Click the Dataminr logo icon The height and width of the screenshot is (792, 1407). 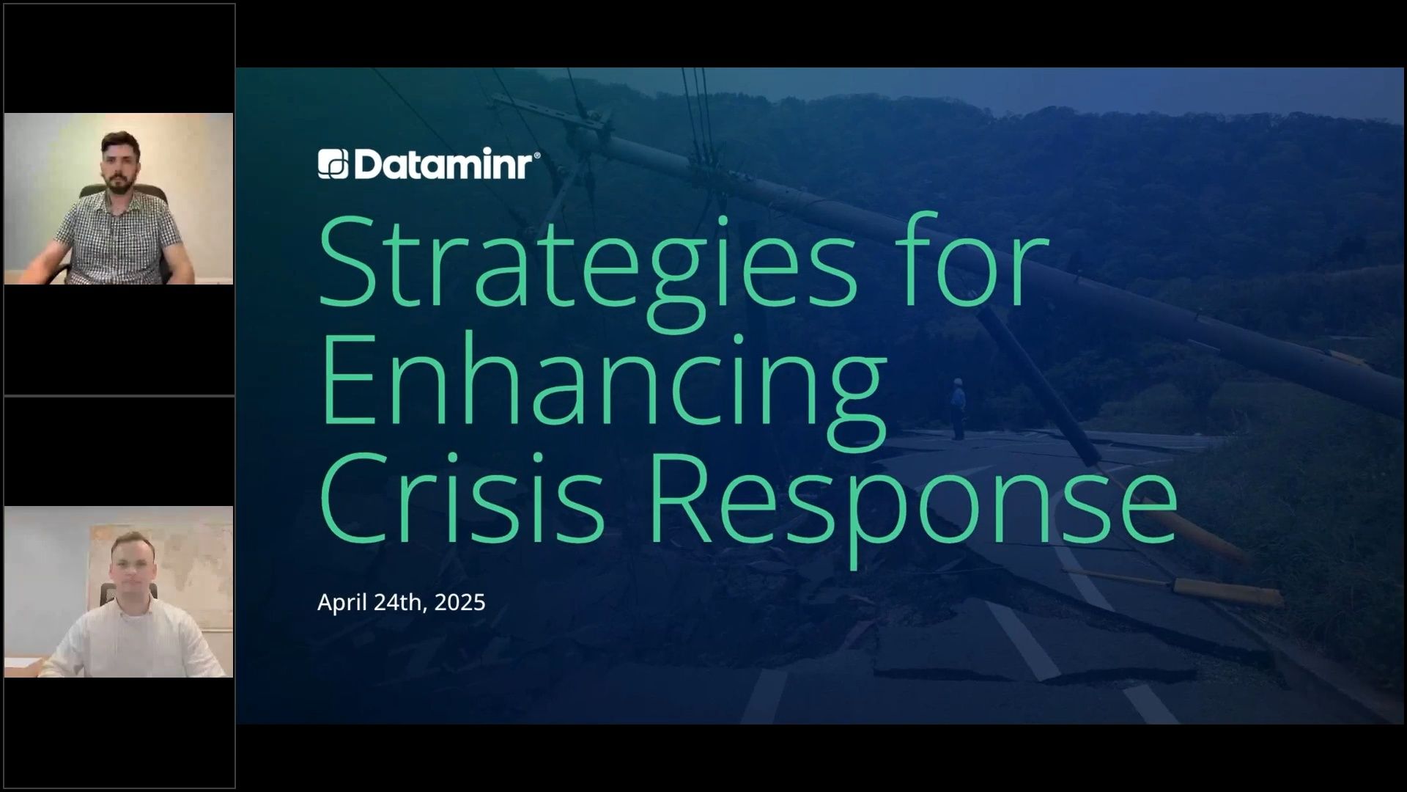pyautogui.click(x=333, y=164)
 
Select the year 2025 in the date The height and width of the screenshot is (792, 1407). pyautogui.click(x=459, y=602)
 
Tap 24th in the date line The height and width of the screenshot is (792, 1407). pyautogui.click(x=400, y=602)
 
